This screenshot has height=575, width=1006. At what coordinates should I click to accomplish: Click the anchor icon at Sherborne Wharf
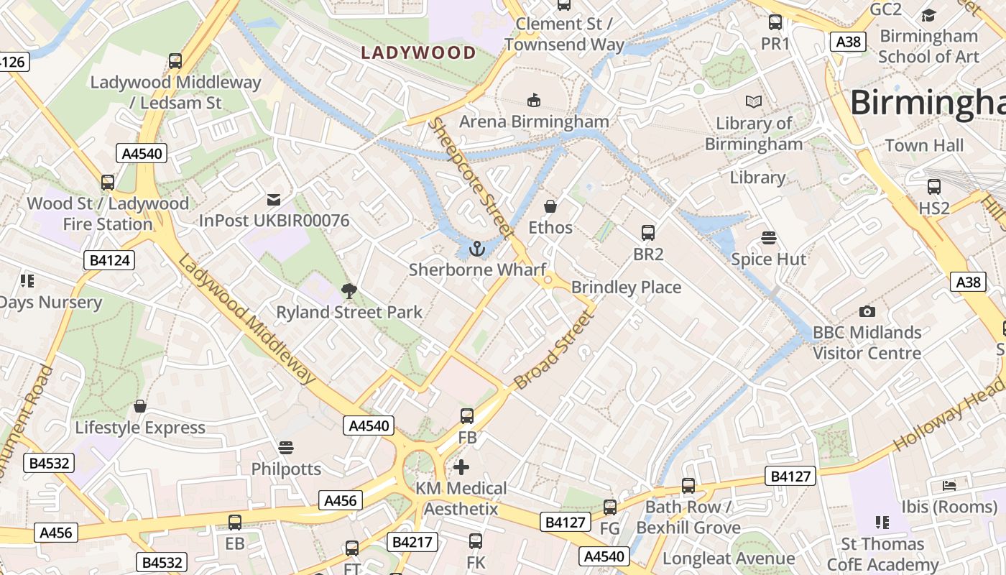(476, 249)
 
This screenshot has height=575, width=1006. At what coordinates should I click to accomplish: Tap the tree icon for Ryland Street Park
(349, 291)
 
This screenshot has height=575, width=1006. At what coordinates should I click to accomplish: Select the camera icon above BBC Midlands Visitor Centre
(867, 311)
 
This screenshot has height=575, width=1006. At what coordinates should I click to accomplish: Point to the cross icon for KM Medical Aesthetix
(461, 467)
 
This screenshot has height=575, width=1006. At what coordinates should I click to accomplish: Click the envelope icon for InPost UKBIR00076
(274, 199)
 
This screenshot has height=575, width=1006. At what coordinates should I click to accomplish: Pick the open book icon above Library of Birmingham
(753, 102)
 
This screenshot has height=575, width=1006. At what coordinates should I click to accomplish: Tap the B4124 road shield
(110, 260)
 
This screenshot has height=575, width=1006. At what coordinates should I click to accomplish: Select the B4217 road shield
(413, 541)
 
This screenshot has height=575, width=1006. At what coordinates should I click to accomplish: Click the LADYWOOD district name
(418, 52)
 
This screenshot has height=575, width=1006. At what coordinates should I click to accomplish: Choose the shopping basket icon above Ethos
(550, 206)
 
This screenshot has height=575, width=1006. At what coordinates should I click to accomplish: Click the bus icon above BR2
(648, 232)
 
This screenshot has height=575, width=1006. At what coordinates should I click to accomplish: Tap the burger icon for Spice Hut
(769, 238)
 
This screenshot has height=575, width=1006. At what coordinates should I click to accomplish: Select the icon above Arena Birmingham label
(533, 100)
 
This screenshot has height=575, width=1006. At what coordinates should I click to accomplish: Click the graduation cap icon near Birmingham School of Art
(929, 15)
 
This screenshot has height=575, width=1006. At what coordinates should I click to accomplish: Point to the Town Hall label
(924, 145)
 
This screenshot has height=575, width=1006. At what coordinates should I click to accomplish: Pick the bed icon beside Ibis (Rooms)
(949, 485)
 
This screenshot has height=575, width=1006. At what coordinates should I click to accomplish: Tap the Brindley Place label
(626, 287)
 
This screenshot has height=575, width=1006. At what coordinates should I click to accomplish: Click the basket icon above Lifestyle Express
(140, 406)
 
